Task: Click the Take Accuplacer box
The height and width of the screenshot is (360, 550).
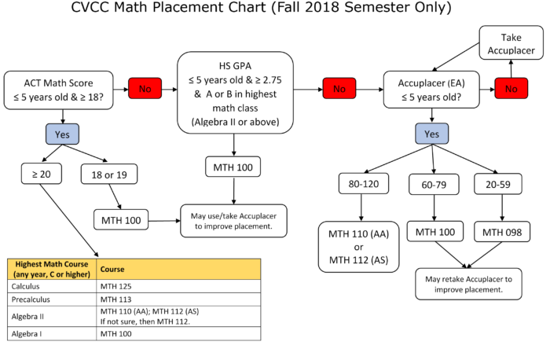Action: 511,42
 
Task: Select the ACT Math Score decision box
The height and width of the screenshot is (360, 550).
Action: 59,90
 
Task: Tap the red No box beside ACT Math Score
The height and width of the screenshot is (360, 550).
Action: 145,88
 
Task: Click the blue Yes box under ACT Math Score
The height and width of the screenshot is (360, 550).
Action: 62,134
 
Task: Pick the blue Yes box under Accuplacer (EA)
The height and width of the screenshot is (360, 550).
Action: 432,134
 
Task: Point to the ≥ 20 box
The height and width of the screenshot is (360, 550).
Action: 42,174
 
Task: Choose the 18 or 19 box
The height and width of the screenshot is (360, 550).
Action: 109,174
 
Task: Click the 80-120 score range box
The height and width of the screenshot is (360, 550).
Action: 364,183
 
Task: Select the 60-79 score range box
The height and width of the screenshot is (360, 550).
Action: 434,184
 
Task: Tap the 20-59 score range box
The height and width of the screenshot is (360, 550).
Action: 498,184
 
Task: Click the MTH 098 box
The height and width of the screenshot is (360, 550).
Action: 502,232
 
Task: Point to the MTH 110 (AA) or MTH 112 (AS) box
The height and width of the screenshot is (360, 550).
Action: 358,247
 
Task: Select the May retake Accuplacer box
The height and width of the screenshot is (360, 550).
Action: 468,285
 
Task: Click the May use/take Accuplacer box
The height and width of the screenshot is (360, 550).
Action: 233,221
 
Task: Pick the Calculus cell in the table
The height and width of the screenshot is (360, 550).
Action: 26,286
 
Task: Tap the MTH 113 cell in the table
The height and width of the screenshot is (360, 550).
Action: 116,299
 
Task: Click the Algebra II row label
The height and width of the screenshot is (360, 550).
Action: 27,317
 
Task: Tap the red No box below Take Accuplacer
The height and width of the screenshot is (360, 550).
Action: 511,88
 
